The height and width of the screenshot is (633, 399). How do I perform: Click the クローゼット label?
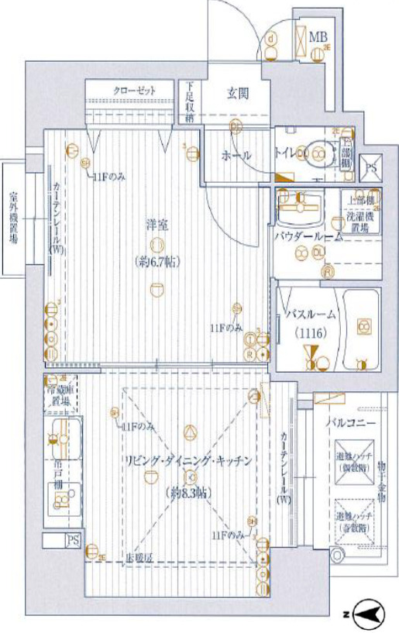[x=134, y=91]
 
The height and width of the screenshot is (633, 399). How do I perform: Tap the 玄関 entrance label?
[x=237, y=94]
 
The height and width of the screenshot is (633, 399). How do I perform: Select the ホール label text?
[x=236, y=156]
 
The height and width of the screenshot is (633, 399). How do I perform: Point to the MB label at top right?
[x=318, y=36]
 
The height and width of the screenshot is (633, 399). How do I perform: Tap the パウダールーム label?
[x=308, y=236]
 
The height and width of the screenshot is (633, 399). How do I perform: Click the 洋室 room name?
[x=157, y=225]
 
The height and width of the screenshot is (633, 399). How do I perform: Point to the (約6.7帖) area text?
[x=157, y=261]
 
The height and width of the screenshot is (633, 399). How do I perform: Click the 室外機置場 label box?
[x=14, y=218]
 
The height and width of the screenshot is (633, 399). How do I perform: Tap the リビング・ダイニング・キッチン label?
[x=189, y=460]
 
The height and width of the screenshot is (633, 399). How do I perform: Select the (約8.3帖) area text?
[x=188, y=493]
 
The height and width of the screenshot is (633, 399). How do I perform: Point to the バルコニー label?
[x=350, y=424]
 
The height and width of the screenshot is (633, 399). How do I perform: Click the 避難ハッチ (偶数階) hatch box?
[x=353, y=465]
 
